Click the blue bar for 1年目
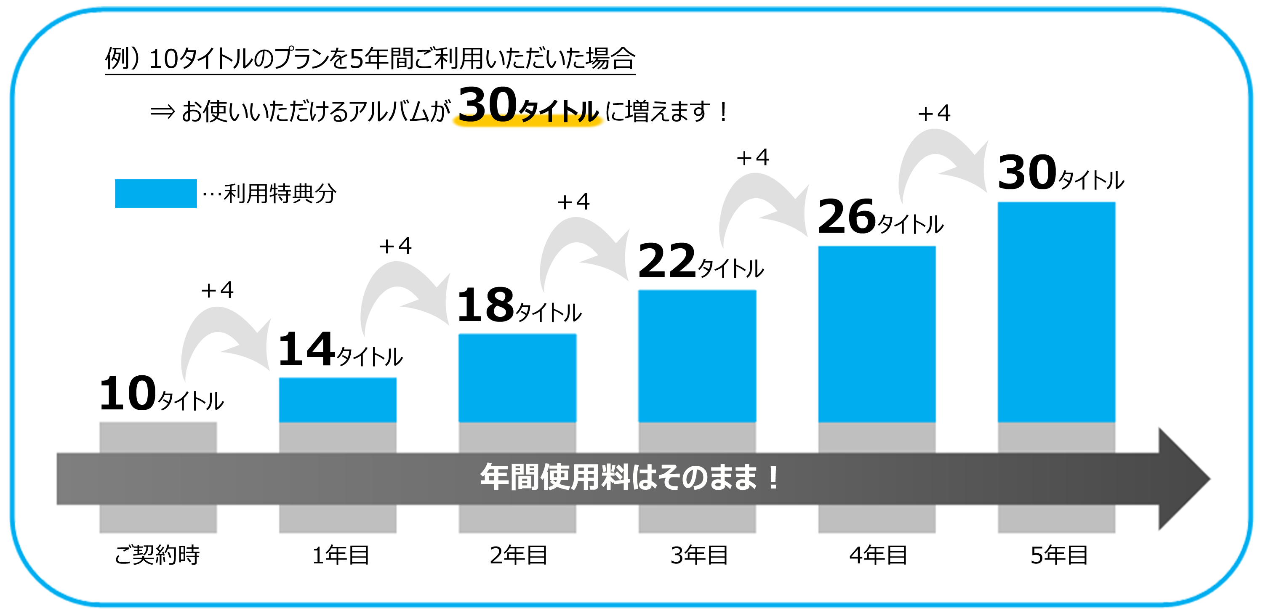click(x=338, y=400)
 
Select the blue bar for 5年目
click(x=1056, y=312)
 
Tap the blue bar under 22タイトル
click(x=697, y=356)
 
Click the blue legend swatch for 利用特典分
click(x=155, y=194)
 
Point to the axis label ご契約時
click(x=157, y=555)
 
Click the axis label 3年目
click(x=699, y=555)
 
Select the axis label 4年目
click(x=878, y=555)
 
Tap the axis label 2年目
click(x=518, y=555)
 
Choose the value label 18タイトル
click(x=519, y=306)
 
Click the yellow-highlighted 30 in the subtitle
click(x=488, y=105)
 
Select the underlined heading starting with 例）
click(x=370, y=59)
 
